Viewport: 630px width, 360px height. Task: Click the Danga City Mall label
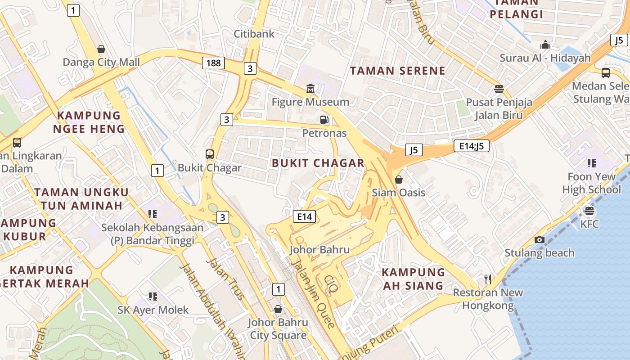pos(101,62)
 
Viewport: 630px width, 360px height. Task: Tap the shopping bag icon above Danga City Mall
pos(101,49)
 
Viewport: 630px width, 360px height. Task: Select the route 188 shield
pos(213,63)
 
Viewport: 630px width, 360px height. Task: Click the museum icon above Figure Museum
pos(310,89)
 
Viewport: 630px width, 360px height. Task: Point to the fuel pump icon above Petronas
pos(324,120)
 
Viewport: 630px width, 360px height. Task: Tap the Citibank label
pos(254,34)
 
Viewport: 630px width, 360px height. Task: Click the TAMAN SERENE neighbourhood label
pos(397,71)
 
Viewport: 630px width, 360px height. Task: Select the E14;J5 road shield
pos(471,146)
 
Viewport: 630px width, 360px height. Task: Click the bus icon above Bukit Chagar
pos(210,154)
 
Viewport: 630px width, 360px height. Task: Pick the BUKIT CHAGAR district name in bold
pos(318,163)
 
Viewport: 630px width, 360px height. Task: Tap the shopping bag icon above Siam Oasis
pos(399,180)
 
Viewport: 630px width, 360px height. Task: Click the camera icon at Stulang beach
pos(540,239)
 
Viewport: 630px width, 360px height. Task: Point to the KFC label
pos(589,224)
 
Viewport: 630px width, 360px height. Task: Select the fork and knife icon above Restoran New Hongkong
pos(488,279)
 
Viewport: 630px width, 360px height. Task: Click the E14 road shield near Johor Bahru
pos(304,216)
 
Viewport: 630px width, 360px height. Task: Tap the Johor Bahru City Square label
pos(278,329)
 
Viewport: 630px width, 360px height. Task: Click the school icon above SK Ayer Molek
pos(153,296)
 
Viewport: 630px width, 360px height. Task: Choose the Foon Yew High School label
pos(591,183)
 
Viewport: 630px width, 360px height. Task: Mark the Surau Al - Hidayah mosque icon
pos(545,45)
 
